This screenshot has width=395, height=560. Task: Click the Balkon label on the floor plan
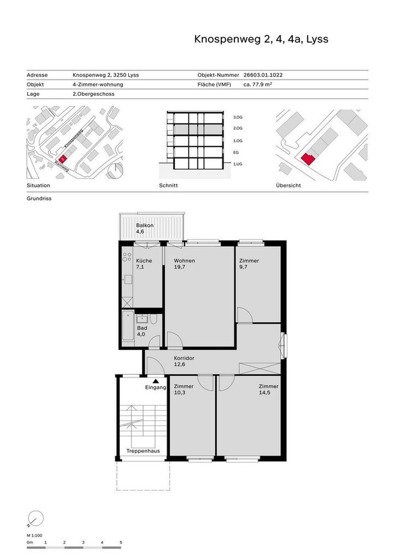click(145, 225)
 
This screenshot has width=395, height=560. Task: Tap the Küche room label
click(144, 260)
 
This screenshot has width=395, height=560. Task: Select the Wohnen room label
click(184, 260)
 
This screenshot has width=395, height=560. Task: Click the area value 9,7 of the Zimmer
click(243, 267)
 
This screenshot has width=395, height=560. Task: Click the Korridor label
click(183, 357)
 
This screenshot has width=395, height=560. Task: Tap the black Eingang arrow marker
click(156, 381)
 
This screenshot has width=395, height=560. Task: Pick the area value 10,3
click(180, 393)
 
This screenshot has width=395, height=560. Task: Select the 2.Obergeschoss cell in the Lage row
click(93, 93)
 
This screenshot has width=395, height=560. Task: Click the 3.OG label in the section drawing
click(237, 118)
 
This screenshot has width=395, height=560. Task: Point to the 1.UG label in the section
click(237, 164)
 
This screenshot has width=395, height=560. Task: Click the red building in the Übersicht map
click(307, 158)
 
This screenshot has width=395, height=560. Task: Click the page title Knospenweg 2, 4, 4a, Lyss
click(261, 39)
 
